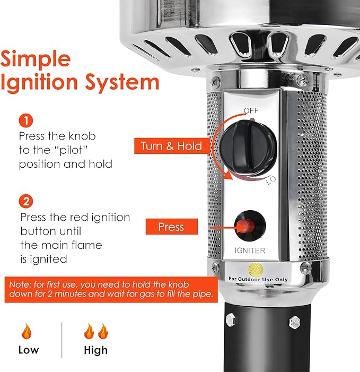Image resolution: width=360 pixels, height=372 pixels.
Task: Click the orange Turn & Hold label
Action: pos(171,145)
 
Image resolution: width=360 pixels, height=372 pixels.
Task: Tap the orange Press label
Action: pos(172,227)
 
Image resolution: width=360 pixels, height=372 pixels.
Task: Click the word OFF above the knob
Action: pos(251,110)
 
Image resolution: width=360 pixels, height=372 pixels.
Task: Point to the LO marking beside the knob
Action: pos(270,181)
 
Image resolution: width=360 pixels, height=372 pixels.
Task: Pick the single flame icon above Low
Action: pos(27,332)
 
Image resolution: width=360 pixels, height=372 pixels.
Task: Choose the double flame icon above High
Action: pos(95,332)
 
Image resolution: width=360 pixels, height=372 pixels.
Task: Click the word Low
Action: pos(28,350)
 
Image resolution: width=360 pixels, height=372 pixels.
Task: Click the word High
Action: pos(95,350)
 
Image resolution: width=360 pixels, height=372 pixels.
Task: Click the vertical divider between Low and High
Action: pos(62,340)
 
